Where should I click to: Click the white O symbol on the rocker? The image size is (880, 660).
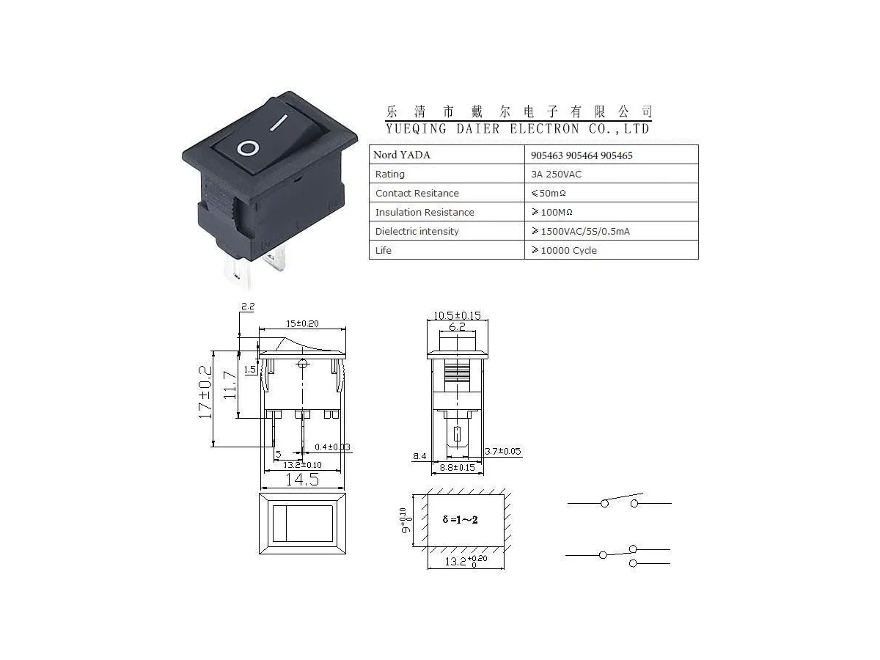tap(248, 149)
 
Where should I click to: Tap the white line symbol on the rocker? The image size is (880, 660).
tap(279, 122)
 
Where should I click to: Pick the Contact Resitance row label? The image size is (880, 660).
tap(417, 194)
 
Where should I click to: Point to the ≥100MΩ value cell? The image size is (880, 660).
tap(551, 213)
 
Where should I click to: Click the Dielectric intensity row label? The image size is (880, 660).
tap(417, 232)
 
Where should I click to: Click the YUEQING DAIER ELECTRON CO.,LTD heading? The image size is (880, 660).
tap(518, 129)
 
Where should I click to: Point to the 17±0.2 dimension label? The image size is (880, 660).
tap(206, 392)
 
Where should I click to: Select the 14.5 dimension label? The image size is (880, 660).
tap(301, 480)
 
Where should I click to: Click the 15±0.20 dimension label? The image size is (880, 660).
tap(302, 323)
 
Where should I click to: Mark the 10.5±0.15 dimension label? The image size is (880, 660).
tap(457, 316)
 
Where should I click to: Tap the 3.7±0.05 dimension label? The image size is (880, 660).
tap(503, 452)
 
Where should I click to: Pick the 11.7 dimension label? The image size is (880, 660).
tap(230, 384)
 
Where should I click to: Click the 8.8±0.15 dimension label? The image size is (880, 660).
tap(456, 467)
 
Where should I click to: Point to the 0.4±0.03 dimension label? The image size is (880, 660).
tap(332, 447)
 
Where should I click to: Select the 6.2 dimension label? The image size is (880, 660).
tap(457, 327)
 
